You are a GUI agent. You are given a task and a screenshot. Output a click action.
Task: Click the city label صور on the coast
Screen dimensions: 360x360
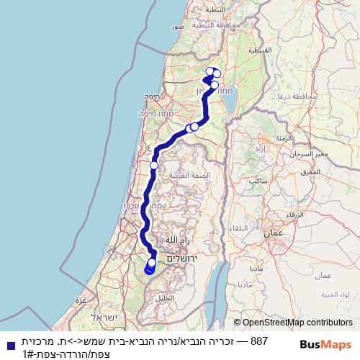click(178, 26)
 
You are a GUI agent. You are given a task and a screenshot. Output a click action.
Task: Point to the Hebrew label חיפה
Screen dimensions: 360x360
click(150, 96)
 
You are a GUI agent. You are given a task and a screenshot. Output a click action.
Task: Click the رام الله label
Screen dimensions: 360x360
click(176, 240)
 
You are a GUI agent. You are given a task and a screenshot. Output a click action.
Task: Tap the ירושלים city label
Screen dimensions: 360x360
click(182, 258)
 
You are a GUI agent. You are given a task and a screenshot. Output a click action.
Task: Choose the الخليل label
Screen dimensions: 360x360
click(164, 297)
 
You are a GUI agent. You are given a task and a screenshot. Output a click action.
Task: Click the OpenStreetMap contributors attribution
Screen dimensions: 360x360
click(293, 323)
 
